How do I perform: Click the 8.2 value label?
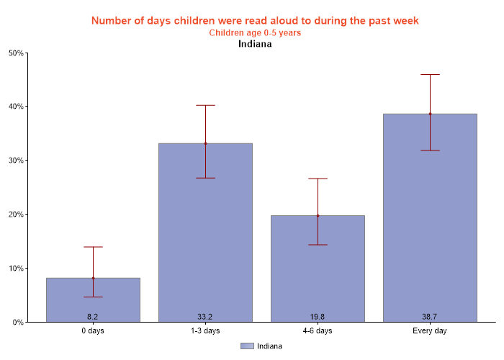[x=93, y=317]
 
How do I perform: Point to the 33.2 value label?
[x=205, y=317]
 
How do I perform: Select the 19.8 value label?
[x=318, y=317]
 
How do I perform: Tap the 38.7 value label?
[x=430, y=317]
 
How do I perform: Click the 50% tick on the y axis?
[x=16, y=53]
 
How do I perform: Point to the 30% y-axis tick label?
[x=16, y=161]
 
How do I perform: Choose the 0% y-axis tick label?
[x=18, y=323]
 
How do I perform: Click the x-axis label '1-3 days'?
[x=205, y=331]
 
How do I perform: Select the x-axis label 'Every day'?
[x=430, y=331]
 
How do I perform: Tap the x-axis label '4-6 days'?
[x=318, y=331]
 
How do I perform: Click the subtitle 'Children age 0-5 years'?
[x=255, y=32]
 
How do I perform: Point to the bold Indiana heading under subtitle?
[x=255, y=43]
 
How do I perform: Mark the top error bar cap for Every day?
[x=430, y=74]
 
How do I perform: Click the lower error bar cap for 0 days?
[x=93, y=297]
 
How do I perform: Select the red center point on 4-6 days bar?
[x=318, y=215]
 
